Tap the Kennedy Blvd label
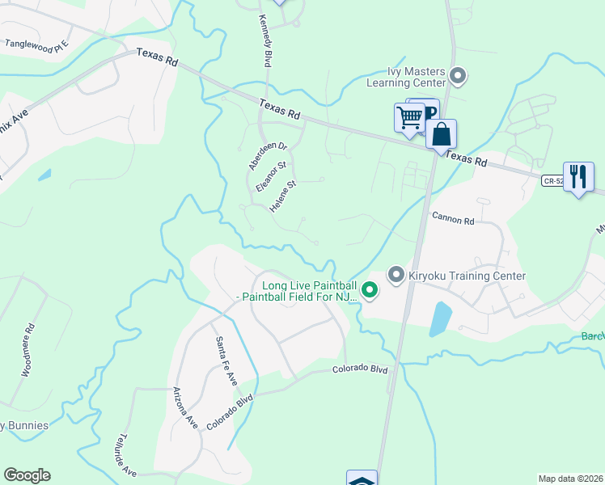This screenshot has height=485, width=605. coord(264,40)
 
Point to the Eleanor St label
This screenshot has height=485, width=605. coord(271,176)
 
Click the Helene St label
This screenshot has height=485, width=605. coord(284,196)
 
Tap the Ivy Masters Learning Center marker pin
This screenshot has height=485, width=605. coord(459,77)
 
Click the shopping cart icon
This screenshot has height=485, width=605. coord(409,117)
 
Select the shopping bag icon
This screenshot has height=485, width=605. coord(442,133)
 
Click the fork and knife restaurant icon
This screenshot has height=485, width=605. coord(578,176)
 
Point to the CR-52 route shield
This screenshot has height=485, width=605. coord(552,181)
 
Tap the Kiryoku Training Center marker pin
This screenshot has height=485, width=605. coord(396,276)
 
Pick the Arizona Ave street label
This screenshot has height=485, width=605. coord(185,407)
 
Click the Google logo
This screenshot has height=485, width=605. coord(27,475)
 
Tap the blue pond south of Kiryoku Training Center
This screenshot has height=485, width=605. coord(439,318)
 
